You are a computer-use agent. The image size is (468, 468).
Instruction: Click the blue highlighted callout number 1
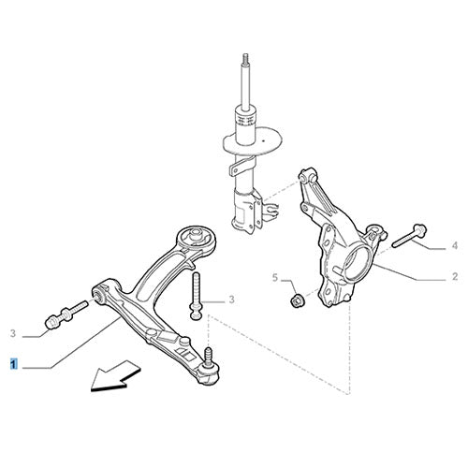[x=12, y=360]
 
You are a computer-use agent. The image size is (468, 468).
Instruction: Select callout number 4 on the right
[x=454, y=246]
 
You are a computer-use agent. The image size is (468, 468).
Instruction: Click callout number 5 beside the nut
[x=275, y=278]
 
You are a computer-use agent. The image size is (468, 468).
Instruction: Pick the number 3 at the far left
[x=13, y=333]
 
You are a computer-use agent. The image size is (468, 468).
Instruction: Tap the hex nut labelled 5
[x=293, y=300]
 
